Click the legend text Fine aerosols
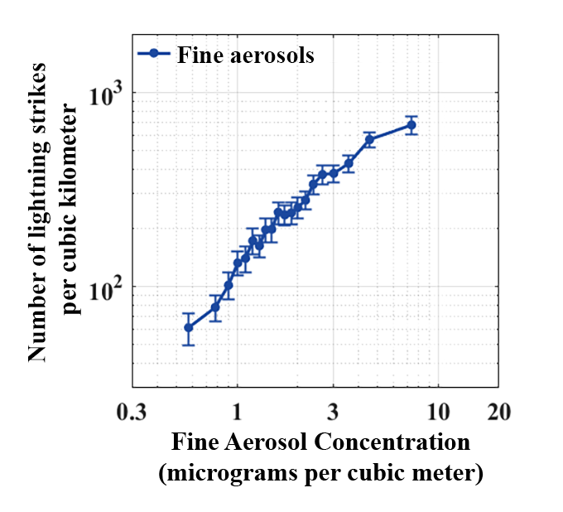(x=245, y=56)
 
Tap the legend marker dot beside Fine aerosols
(x=154, y=54)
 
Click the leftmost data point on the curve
(x=189, y=327)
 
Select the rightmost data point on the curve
(x=411, y=125)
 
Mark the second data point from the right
(x=369, y=139)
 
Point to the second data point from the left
(x=215, y=307)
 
